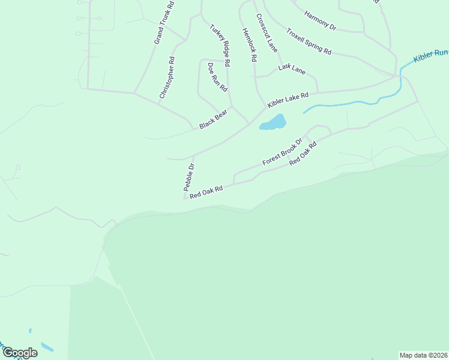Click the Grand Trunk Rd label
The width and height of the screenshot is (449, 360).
tap(163, 22)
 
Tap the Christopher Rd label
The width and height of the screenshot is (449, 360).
tap(166, 78)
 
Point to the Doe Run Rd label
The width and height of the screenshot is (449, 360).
tap(217, 77)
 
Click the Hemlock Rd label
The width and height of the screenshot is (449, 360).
tap(250, 45)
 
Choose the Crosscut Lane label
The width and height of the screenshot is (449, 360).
tap(267, 33)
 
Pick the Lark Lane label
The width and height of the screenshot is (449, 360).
tap(292, 69)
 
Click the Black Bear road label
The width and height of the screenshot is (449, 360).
tap(213, 118)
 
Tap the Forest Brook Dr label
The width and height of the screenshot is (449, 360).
tap(282, 153)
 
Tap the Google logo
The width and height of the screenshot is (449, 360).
tap(20, 353)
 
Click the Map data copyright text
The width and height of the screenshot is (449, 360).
tap(424, 355)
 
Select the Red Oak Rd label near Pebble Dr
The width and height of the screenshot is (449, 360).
tap(206, 192)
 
